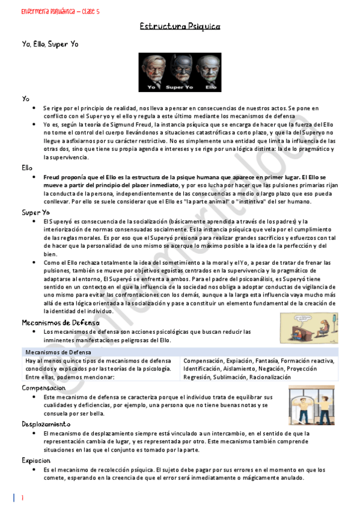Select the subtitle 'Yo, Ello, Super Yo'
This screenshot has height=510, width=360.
(x=49, y=44)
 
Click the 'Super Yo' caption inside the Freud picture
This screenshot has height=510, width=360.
(x=179, y=87)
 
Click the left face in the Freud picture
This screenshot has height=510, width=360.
(x=151, y=67)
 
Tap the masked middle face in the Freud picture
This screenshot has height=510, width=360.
(x=180, y=67)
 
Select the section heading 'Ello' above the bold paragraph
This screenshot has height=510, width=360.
(x=27, y=168)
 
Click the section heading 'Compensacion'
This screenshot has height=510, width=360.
(x=43, y=388)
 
